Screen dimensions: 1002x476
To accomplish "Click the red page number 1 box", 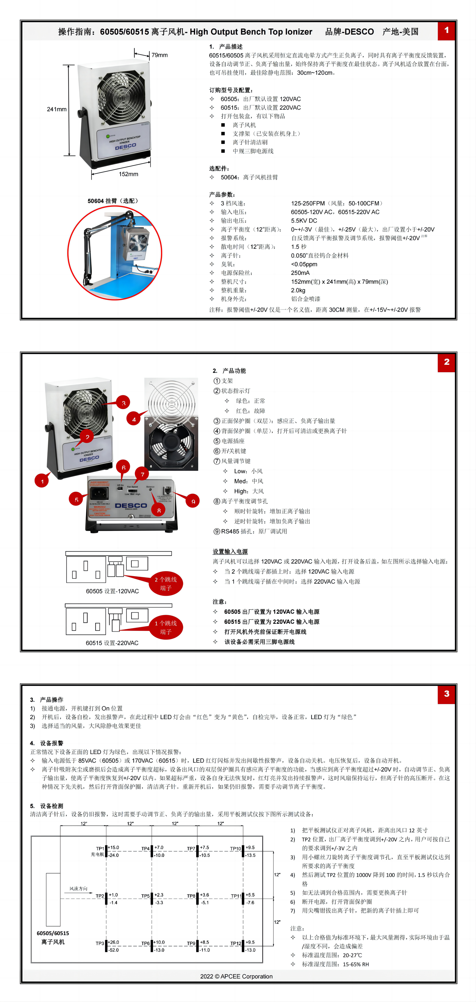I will (446, 30).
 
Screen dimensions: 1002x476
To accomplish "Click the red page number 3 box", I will (446, 694).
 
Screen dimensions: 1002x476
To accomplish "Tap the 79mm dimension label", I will (159, 55).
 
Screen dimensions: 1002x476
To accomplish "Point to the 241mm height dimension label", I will (57, 109).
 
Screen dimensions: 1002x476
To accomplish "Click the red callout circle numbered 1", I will (42, 481).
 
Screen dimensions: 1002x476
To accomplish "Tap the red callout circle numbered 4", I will (134, 419).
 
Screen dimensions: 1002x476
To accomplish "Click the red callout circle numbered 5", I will (76, 499).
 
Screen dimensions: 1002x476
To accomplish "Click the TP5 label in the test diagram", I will (146, 896).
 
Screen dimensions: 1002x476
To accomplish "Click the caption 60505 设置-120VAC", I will (112, 591).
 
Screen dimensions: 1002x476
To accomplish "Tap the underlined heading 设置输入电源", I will (230, 551).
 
